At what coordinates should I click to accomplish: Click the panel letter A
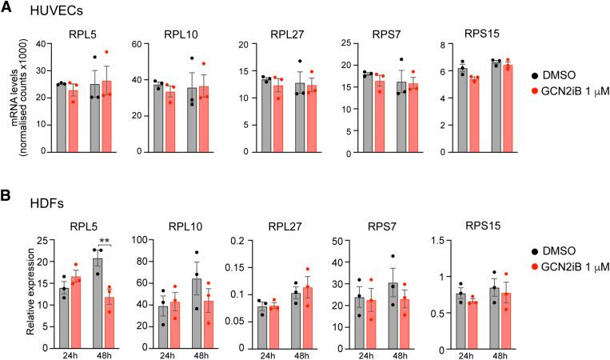(x=7, y=8)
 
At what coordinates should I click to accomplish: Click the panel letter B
(x=7, y=195)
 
